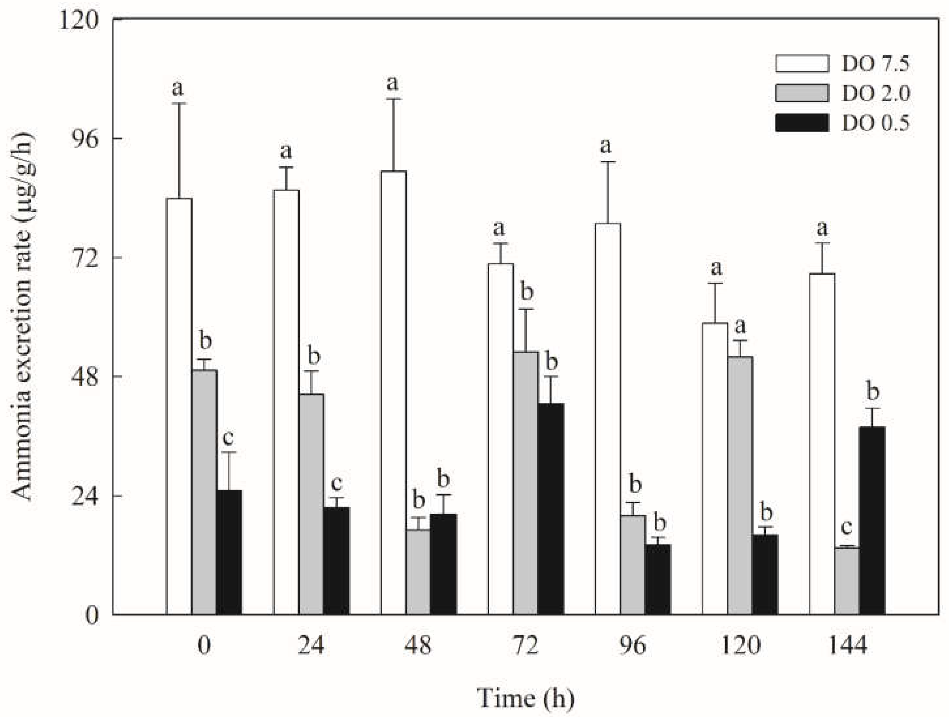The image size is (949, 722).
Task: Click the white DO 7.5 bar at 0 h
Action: click(179, 406)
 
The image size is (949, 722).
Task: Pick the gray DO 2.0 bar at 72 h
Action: click(526, 483)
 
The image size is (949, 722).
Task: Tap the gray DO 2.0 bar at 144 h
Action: click(847, 581)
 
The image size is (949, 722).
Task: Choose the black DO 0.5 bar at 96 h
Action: click(658, 579)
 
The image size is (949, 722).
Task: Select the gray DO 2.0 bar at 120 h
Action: click(740, 486)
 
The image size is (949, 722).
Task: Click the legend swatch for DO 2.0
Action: click(802, 93)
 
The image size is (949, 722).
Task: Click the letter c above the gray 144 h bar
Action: click(846, 527)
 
